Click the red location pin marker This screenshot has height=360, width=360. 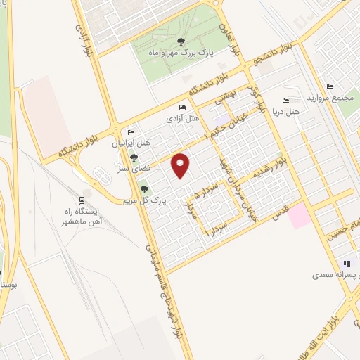click(182, 165)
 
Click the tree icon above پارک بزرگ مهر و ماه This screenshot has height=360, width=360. click(181, 41)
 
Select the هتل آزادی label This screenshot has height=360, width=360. click(179, 120)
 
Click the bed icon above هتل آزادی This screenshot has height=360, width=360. click(183, 108)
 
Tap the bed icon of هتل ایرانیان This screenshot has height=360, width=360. click(130, 132)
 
